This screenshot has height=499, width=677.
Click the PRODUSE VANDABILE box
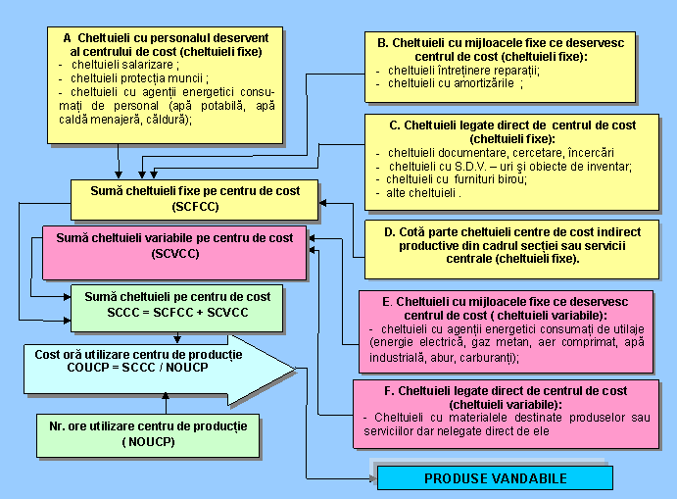pos(495,478)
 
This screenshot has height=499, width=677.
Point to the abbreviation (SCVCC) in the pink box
pos(175,254)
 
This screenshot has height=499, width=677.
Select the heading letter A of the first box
pos(68,37)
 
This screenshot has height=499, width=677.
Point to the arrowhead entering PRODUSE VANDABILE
pos(371,478)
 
